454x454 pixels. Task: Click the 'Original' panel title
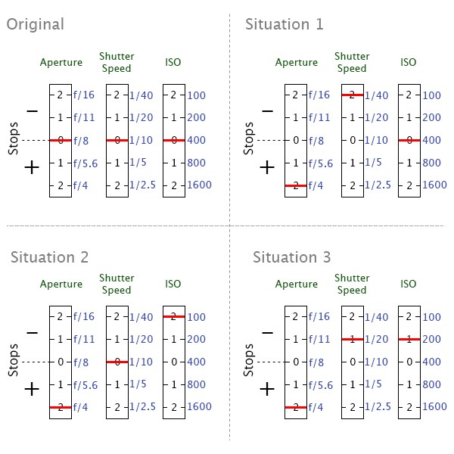(35, 24)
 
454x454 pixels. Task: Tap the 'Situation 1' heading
(284, 24)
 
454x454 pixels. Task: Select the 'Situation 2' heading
(49, 257)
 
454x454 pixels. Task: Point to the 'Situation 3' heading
(291, 257)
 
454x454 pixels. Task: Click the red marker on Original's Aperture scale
(61, 140)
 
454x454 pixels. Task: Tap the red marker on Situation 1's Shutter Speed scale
(352, 95)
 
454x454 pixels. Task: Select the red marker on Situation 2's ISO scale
(174, 316)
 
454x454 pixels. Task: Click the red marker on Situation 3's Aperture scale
(295, 407)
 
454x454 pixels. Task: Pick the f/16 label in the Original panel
(85, 95)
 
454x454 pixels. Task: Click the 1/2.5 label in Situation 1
(378, 185)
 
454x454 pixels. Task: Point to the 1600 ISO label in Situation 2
(200, 407)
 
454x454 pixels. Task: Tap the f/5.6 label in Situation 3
(321, 384)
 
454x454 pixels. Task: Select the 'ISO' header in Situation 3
(408, 284)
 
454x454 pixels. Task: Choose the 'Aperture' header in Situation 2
(61, 284)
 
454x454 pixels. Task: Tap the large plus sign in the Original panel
(32, 167)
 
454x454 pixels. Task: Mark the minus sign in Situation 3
(267, 333)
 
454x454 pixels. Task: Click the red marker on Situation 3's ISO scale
(409, 339)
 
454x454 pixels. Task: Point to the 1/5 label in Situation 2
(138, 384)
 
